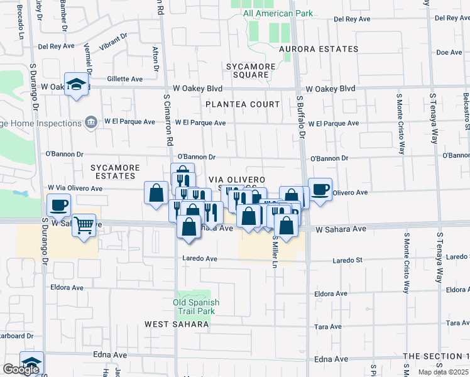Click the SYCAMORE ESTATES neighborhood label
(x=114, y=172)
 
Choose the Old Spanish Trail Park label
(x=194, y=307)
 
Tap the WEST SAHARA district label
(x=176, y=324)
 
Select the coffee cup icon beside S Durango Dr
(x=60, y=205)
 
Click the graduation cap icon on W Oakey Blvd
(x=77, y=84)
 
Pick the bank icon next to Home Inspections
(x=92, y=121)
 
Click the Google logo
(x=21, y=369)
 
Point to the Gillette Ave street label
(x=125, y=79)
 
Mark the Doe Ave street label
(x=449, y=53)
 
